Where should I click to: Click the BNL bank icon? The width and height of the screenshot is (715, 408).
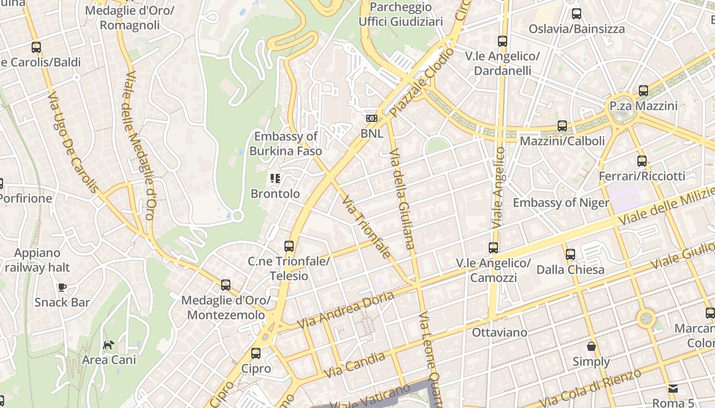371,118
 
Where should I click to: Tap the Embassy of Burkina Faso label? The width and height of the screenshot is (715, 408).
285,143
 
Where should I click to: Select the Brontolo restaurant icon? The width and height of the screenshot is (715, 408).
275,178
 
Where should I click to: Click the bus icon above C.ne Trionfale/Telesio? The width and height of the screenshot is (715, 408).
289,246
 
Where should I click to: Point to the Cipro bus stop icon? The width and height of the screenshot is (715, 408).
256,353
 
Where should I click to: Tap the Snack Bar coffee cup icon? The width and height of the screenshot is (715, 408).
62,287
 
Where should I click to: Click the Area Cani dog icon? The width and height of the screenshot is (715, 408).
109,345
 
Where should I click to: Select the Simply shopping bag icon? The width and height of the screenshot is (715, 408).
591,347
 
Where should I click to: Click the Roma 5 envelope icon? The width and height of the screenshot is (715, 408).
673,389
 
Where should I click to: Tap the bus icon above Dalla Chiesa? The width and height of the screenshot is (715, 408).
570,254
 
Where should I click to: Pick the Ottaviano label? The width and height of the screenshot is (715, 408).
499,333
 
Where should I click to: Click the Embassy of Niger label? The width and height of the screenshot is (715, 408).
561,202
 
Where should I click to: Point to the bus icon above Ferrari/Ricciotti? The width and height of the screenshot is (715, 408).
642,161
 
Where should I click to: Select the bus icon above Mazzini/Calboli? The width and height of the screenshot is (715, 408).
562,125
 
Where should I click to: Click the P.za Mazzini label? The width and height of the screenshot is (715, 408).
643,106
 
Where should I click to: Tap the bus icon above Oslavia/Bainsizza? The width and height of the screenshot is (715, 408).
577,14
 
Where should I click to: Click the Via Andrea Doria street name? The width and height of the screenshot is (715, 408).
346,310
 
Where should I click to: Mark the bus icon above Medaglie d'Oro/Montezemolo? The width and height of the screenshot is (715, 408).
226,285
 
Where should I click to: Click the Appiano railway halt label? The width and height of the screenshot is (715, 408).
37,260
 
